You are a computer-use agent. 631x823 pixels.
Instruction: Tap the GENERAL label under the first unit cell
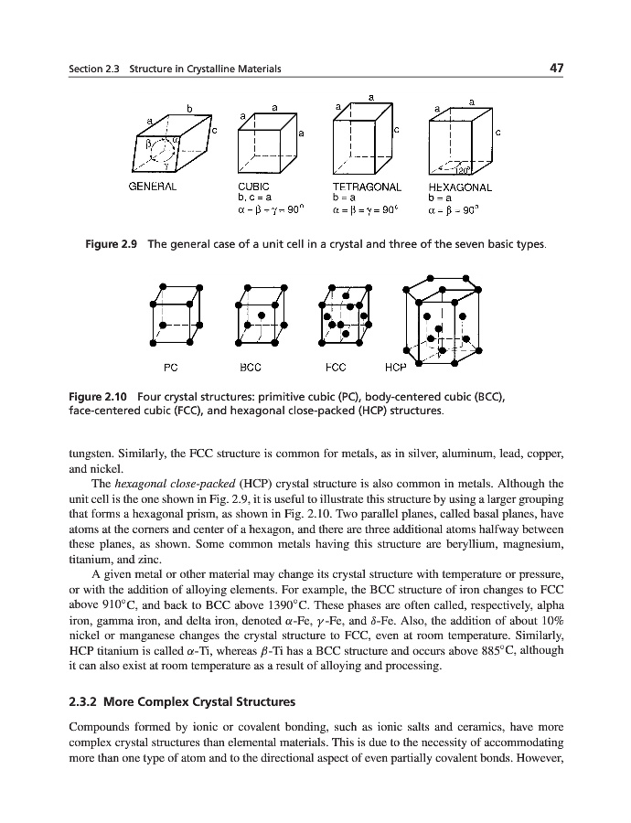click(x=152, y=187)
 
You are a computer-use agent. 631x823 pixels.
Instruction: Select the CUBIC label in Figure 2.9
click(x=253, y=187)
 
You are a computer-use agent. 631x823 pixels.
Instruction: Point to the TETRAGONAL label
click(x=366, y=187)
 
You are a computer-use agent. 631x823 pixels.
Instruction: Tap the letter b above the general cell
click(x=189, y=108)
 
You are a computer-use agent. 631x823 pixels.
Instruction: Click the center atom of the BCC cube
click(x=261, y=315)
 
